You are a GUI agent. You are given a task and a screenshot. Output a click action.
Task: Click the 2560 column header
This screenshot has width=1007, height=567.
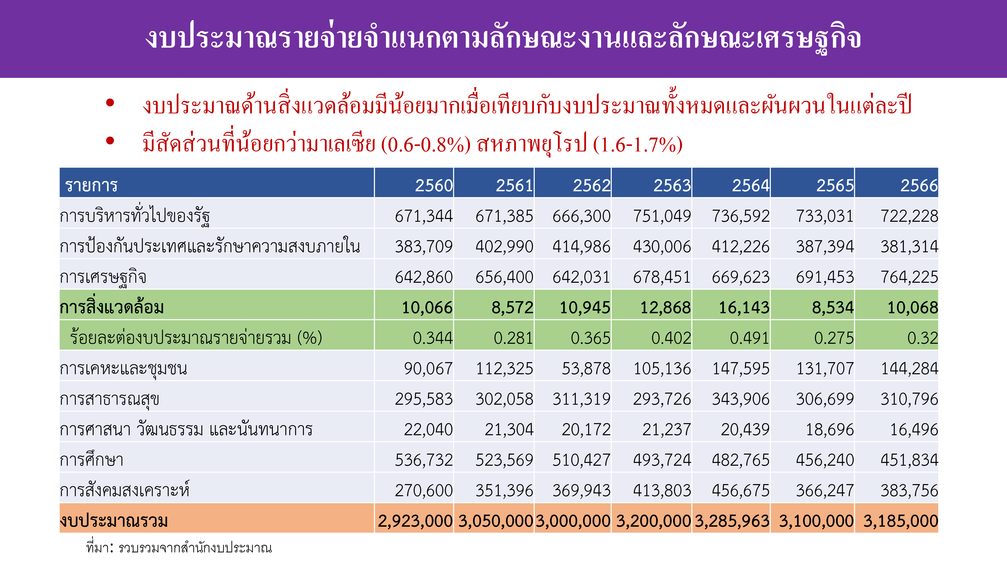[433, 185]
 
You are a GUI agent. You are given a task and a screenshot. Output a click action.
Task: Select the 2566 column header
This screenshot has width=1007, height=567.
[919, 185]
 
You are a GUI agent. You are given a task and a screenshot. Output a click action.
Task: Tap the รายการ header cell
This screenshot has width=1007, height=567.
[91, 185]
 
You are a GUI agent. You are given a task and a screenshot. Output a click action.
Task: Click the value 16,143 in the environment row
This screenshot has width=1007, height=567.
[744, 307]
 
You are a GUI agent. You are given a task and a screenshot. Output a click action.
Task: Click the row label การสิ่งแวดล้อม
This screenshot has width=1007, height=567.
[112, 307]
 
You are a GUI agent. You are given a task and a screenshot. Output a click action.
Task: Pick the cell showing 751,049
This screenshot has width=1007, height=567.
[662, 216]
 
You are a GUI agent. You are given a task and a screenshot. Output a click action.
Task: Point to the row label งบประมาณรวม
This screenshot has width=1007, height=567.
[114, 521]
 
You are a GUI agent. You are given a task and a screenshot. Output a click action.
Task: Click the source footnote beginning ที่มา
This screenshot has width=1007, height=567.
[179, 548]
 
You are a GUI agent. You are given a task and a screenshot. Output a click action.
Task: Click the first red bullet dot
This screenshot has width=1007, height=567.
[110, 103]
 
